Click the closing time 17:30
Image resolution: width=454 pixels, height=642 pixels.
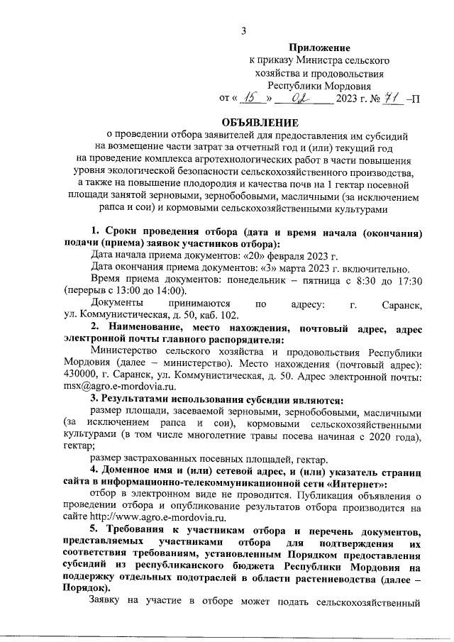tap(408, 280)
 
